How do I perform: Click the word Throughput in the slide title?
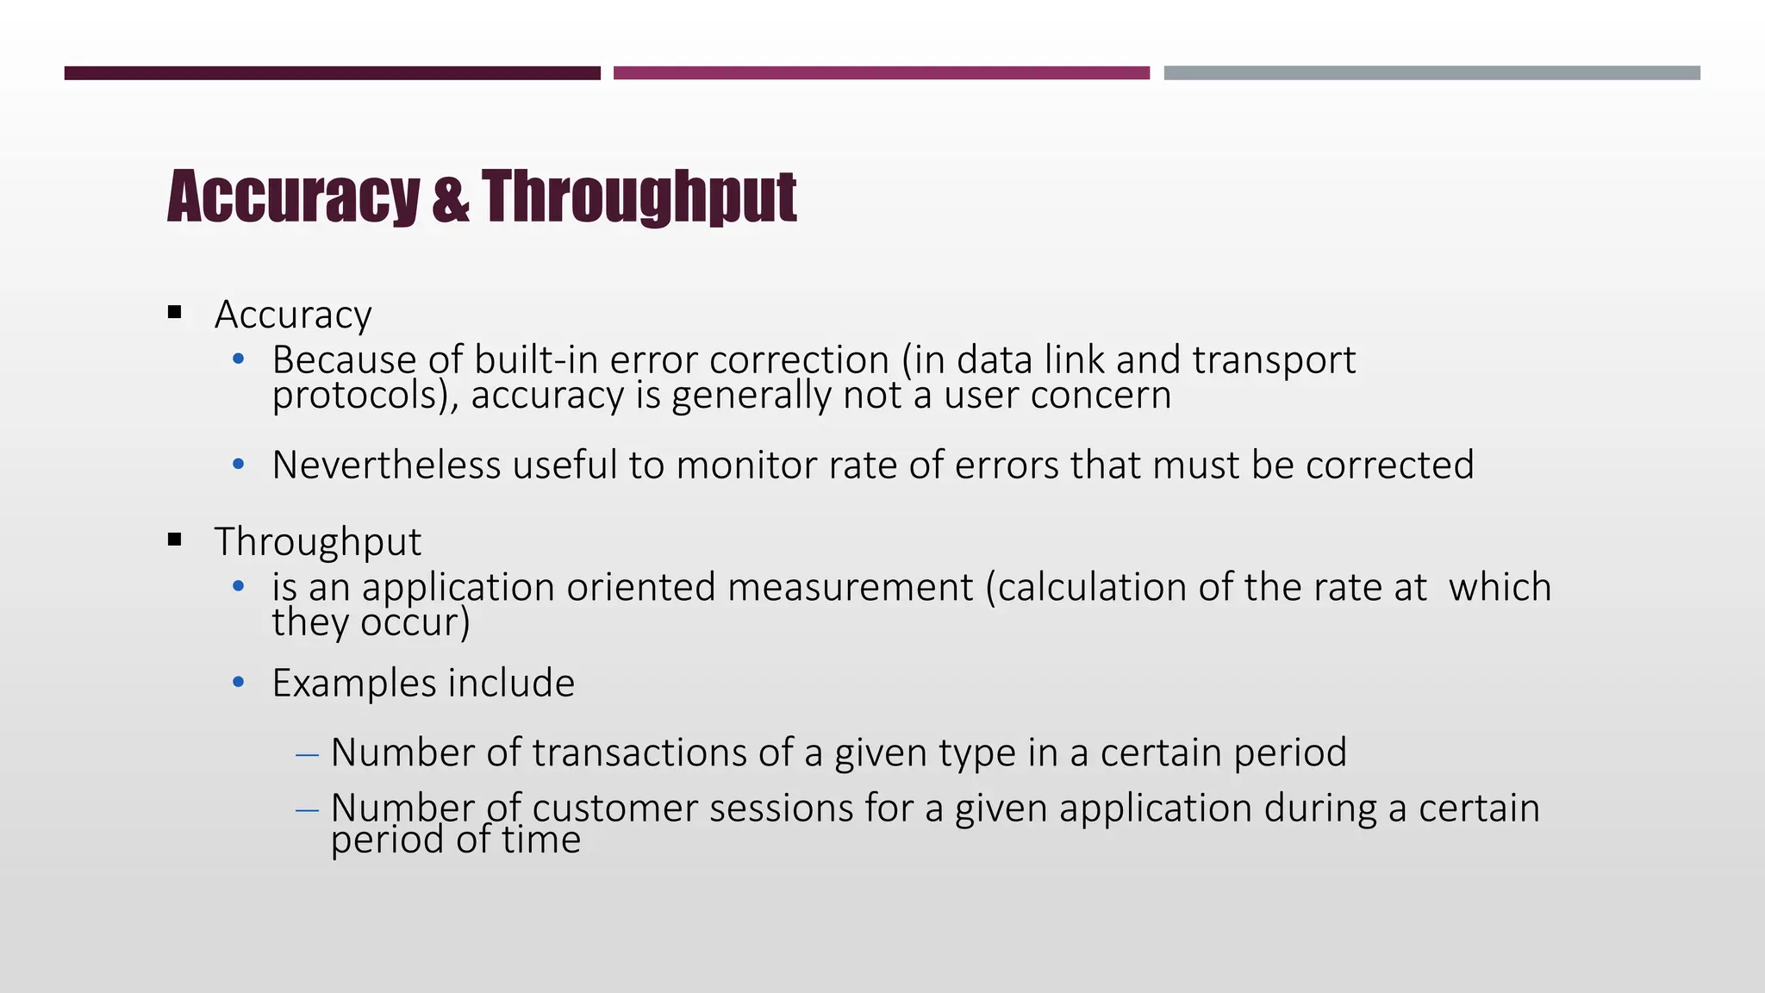(639, 197)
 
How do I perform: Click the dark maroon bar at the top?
(332, 73)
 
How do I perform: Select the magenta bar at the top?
(881, 73)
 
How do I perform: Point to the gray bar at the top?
(1431, 73)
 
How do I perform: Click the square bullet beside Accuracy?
(176, 313)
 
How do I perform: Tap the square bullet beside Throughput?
(176, 540)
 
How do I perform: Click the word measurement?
(850, 587)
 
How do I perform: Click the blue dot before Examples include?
(239, 684)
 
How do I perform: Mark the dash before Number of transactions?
(307, 755)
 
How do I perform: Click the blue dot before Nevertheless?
(239, 465)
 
